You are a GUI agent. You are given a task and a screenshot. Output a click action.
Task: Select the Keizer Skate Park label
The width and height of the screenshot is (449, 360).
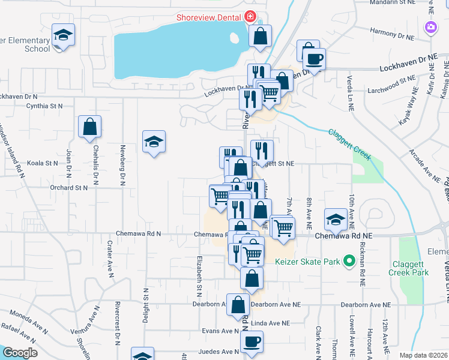point(308,262)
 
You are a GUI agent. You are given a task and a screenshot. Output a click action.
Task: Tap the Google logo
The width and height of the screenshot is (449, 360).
point(19,353)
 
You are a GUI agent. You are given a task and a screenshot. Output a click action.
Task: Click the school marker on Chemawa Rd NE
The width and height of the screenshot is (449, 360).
point(335,220)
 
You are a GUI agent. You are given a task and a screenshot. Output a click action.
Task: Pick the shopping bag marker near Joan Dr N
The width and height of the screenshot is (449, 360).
point(89,127)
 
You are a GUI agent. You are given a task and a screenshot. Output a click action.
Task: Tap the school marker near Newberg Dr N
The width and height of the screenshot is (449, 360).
point(154,142)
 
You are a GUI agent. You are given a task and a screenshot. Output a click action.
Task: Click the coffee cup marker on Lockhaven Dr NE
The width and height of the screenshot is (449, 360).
point(313,59)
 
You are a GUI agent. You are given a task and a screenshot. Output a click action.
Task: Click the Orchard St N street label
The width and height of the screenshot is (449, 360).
point(69,188)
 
